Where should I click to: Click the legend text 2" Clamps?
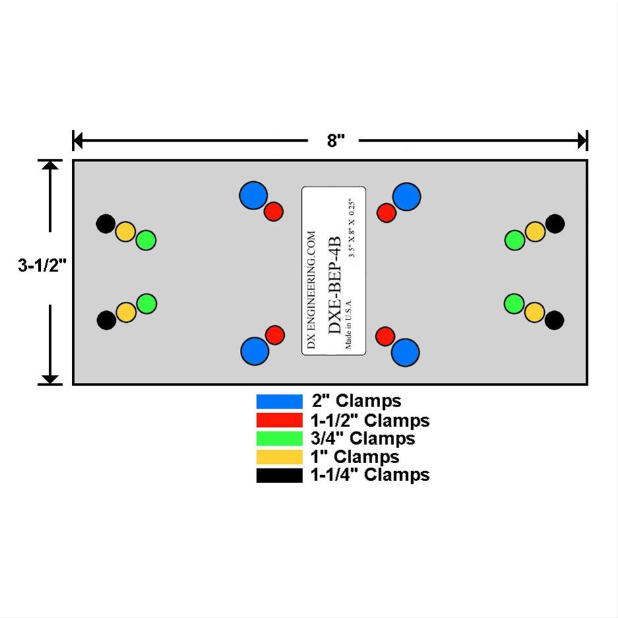[x=356, y=401]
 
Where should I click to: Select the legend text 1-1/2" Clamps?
[x=370, y=420]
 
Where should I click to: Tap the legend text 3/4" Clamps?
[x=363, y=438]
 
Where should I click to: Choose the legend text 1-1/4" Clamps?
[x=370, y=475]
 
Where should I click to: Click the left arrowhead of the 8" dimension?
[x=77, y=140]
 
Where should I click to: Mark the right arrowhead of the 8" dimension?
[x=582, y=140]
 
